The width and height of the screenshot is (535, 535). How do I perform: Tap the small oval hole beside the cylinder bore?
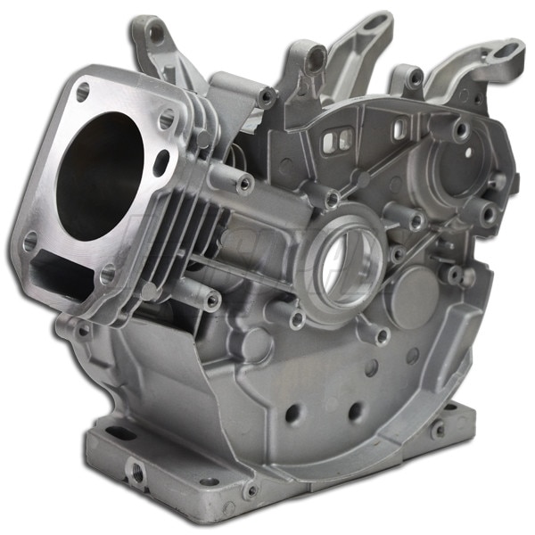pos(161,163)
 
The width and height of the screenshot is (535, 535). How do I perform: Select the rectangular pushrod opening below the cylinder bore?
pos(64,267)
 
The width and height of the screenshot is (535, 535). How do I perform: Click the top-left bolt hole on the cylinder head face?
pos(83,90)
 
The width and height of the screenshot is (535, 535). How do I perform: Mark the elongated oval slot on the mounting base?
pos(121,434)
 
